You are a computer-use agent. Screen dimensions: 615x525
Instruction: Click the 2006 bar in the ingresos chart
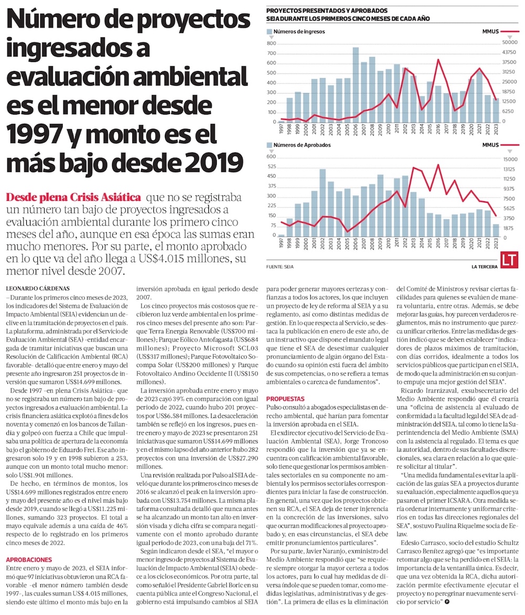pyautogui.click(x=355, y=84)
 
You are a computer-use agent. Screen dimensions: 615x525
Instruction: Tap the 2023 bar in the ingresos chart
pyautogui.click(x=496, y=110)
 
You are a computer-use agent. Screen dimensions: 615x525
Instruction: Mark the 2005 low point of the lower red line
pyautogui.click(x=348, y=231)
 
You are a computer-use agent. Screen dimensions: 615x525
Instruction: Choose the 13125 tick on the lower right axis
pyautogui.click(x=510, y=169)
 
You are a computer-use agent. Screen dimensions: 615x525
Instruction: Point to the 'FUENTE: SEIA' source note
pyautogui.click(x=280, y=267)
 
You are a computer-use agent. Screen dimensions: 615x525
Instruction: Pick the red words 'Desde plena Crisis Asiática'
pyautogui.click(x=73, y=198)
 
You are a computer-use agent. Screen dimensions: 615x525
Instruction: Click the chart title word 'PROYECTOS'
pyautogui.click(x=286, y=11)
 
